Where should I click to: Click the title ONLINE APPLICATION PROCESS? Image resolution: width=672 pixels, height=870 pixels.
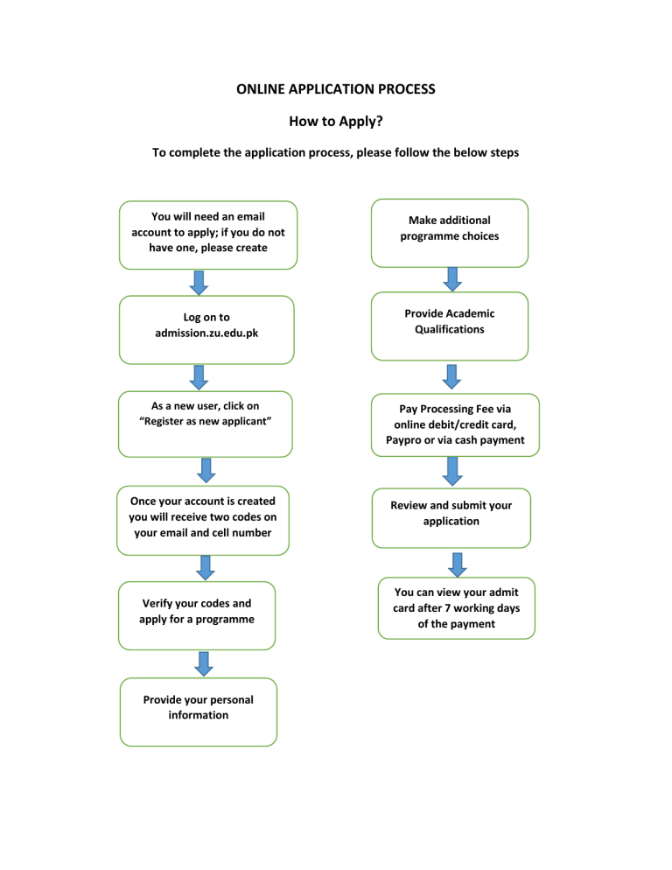click(336, 89)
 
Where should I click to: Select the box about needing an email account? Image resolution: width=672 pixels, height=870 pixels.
click(208, 233)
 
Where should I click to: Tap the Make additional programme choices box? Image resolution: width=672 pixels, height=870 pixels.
click(450, 229)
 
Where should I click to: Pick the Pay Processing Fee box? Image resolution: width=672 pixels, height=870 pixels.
click(455, 424)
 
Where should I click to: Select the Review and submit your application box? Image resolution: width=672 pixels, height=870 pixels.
click(451, 514)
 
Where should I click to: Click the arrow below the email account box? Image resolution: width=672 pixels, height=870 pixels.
click(199, 282)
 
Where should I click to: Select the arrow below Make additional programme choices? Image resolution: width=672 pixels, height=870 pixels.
click(452, 278)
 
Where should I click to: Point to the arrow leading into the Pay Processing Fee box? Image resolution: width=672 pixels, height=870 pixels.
click(451, 375)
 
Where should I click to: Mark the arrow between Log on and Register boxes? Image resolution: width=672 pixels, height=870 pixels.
click(199, 377)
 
